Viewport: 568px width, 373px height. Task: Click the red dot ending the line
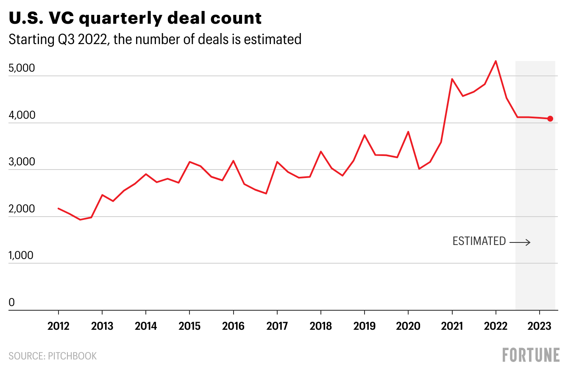pos(550,119)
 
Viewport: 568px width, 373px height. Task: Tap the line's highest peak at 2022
pos(496,61)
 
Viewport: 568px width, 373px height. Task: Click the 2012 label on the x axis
pos(58,326)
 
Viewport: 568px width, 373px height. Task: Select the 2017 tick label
pos(277,326)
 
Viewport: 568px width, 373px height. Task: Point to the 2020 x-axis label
pos(408,326)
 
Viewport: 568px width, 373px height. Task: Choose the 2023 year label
pos(539,326)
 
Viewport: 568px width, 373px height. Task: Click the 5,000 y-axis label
pos(21,69)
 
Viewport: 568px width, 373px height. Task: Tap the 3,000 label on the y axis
pos(21,162)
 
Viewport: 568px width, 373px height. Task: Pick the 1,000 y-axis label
pos(21,256)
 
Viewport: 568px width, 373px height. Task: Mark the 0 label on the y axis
pos(12,303)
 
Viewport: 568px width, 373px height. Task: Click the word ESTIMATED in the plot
pos(479,241)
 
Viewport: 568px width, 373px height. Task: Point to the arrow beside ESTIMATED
pos(520,242)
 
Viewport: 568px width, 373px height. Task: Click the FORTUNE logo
pos(531,355)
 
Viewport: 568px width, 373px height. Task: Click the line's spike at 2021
pos(452,79)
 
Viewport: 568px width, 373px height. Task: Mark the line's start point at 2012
pos(58,208)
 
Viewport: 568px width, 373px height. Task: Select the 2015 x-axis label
pos(189,326)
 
